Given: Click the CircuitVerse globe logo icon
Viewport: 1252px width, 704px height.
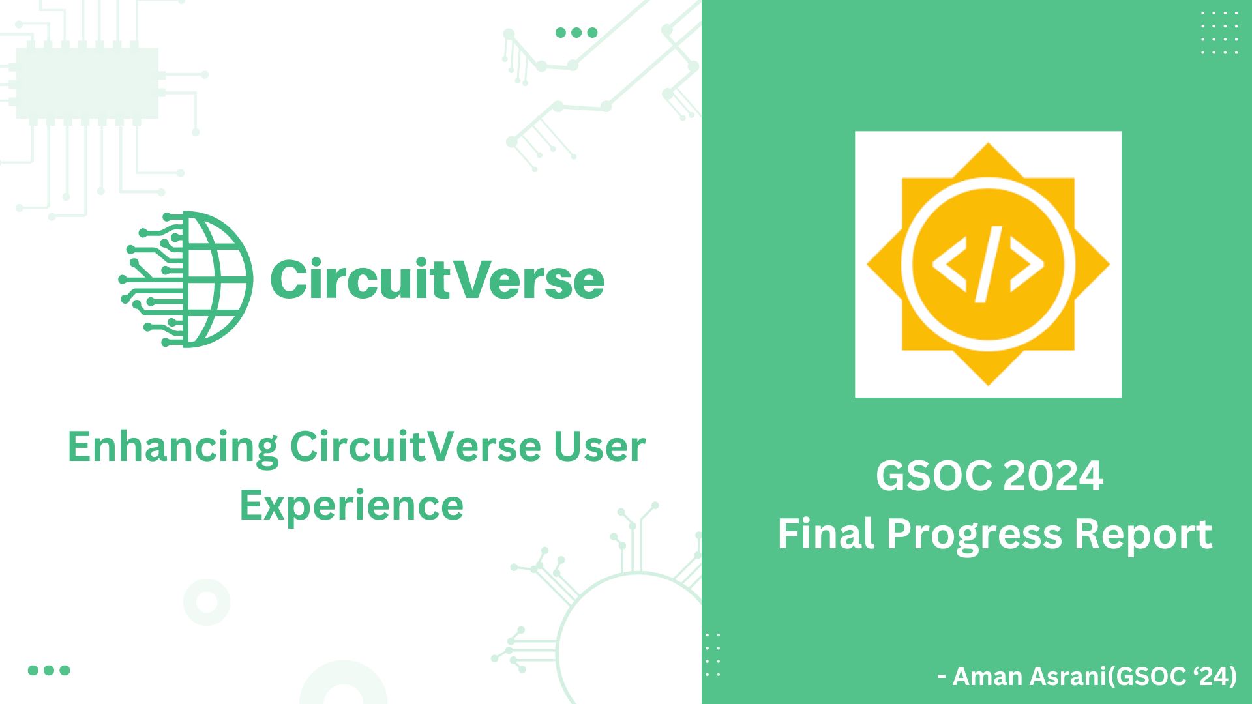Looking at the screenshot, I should [x=186, y=279].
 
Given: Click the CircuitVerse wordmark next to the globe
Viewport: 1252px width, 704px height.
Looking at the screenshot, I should [x=437, y=279].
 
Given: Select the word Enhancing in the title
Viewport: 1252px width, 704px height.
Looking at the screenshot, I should [x=173, y=448].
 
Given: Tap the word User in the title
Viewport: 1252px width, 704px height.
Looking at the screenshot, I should [x=599, y=447].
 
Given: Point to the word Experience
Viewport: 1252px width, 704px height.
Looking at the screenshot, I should [x=351, y=506].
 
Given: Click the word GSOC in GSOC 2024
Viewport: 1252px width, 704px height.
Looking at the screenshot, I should [x=934, y=476].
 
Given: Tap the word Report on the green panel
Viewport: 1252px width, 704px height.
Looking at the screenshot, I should [x=1143, y=535].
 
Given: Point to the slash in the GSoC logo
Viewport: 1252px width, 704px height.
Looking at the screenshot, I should [x=988, y=264].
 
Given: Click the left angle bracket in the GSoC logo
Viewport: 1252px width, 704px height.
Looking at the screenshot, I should [x=949, y=264].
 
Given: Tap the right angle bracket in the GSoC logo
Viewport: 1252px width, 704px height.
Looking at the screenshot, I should [x=1026, y=264].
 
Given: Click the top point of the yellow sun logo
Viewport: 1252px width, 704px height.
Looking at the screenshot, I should [x=988, y=147].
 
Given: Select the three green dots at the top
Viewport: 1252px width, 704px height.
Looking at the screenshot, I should [x=576, y=33].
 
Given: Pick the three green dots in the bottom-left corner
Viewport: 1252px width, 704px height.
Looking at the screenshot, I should [x=49, y=670].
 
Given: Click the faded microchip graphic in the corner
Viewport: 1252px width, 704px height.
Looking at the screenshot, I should [x=87, y=83].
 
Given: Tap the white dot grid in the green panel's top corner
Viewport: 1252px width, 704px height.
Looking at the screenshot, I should [x=1219, y=33].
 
